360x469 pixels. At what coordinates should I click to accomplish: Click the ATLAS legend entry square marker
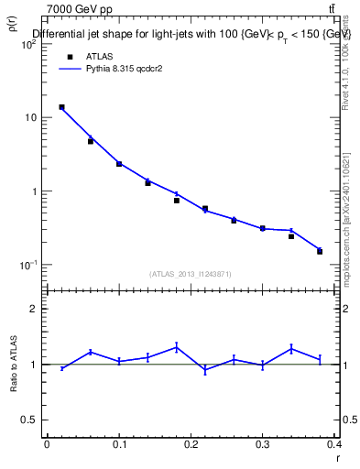point(70,56)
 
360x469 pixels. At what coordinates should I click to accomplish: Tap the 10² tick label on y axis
point(30,44)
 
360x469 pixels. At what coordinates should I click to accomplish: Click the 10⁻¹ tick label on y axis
point(30,266)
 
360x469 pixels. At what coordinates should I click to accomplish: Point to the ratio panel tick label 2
point(36,309)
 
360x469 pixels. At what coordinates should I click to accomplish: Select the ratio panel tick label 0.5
point(32,420)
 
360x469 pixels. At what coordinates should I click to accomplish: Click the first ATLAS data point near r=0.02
point(61,107)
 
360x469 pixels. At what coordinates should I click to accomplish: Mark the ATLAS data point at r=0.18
point(177,200)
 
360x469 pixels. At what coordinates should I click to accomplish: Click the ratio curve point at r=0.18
point(177,347)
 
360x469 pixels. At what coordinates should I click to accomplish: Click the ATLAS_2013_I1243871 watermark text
point(191,275)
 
